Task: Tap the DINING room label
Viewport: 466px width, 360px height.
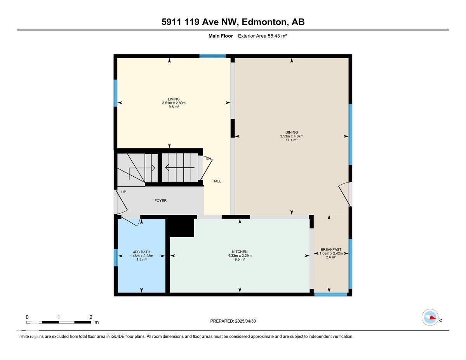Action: [291, 132]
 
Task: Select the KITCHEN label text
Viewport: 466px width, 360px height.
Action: [240, 252]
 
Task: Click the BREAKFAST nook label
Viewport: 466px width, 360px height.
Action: [330, 249]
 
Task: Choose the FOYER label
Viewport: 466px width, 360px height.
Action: [160, 201]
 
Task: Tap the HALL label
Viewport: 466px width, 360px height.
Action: [217, 181]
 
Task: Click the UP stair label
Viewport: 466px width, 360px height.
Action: [123, 192]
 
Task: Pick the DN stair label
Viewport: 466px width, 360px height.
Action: [208, 159]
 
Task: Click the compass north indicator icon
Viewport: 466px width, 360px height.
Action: [430, 317]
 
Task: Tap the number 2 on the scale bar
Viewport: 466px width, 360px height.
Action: [90, 317]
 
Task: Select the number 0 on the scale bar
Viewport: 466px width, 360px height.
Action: [27, 317]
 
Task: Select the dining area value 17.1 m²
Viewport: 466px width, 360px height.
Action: [291, 140]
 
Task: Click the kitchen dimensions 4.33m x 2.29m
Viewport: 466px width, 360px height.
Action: [240, 256]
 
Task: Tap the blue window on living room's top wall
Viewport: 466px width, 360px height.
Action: [212, 56]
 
